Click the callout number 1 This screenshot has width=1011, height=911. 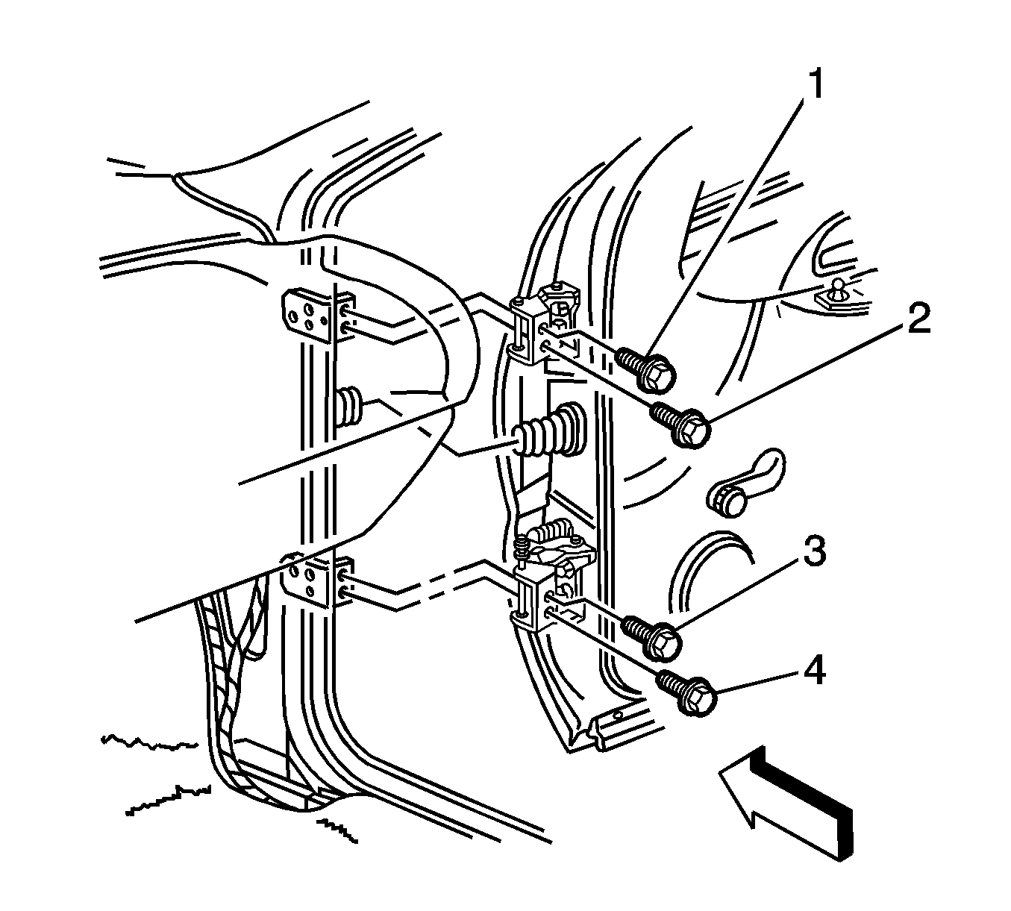pyautogui.click(x=815, y=85)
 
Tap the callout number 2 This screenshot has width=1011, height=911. pyautogui.click(x=918, y=318)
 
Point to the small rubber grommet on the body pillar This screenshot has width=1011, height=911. pyautogui.click(x=349, y=407)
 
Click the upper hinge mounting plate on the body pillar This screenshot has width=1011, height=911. pyautogui.click(x=318, y=315)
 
